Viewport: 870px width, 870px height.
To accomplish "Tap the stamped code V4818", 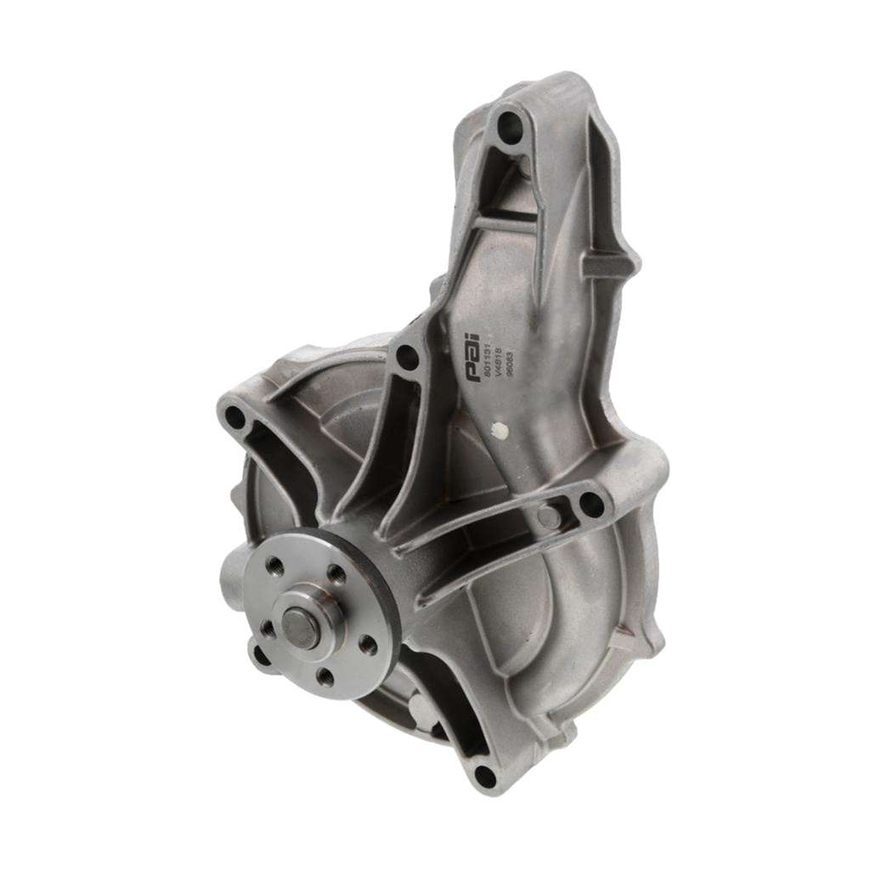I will [x=498, y=353].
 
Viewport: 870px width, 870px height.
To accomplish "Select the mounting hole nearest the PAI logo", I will [x=408, y=359].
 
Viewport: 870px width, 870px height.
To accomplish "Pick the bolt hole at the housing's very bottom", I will [x=484, y=776].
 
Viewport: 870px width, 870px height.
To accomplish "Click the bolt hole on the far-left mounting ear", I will [x=234, y=417].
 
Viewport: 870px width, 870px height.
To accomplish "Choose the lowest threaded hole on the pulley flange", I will [x=323, y=676].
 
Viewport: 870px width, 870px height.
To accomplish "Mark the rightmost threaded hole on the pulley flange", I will [x=368, y=646].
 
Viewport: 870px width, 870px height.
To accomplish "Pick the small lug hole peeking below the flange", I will [x=260, y=657].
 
